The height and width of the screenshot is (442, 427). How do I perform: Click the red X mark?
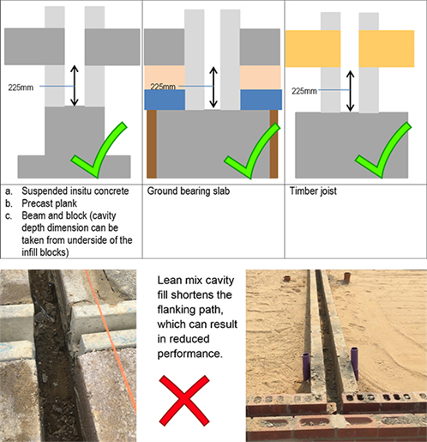pyautogui.click(x=184, y=401)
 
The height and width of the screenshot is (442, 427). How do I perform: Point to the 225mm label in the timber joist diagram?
pyautogui.click(x=304, y=91)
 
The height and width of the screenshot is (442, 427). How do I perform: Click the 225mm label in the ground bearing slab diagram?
pyautogui.click(x=163, y=87)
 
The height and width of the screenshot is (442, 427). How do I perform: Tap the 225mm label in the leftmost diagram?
pyautogui.click(x=21, y=88)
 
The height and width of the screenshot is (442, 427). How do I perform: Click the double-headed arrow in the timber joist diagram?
pyautogui.click(x=350, y=91)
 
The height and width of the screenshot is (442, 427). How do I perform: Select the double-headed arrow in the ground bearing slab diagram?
pyautogui.click(x=213, y=88)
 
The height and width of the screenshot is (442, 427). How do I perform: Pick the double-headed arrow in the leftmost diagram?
pyautogui.click(x=75, y=86)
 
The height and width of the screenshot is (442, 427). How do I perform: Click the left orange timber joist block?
pyautogui.click(x=313, y=49)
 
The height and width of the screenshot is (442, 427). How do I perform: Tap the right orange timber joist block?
pyautogui.click(x=387, y=49)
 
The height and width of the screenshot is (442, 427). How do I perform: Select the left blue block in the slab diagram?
pyautogui.click(x=165, y=100)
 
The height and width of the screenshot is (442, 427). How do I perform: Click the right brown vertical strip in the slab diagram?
pyautogui.click(x=274, y=144)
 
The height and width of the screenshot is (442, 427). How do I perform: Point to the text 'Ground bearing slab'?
pyautogui.click(x=189, y=191)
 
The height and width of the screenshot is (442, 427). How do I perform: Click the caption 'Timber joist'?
pyautogui.click(x=313, y=191)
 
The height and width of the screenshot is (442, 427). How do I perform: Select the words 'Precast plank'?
pyautogui.click(x=49, y=203)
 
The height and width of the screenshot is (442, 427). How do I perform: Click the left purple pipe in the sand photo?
pyautogui.click(x=306, y=366)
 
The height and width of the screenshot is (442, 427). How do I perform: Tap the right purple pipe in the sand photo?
pyautogui.click(x=354, y=363)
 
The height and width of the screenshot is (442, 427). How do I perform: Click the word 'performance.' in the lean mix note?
pyautogui.click(x=189, y=354)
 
